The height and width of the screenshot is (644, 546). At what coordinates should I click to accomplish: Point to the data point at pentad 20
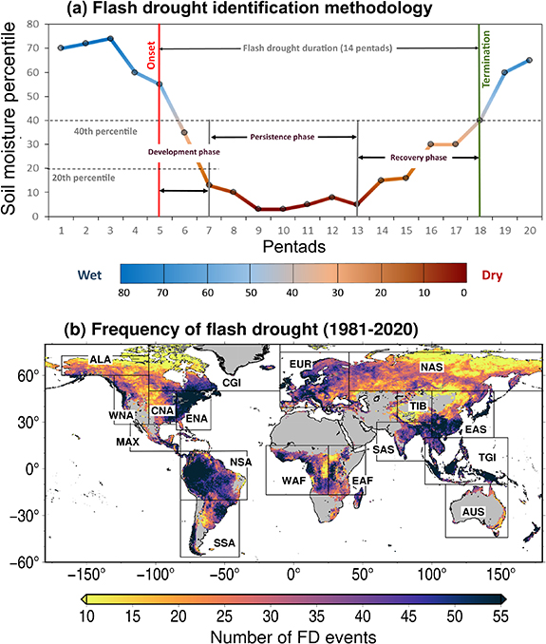(x=529, y=60)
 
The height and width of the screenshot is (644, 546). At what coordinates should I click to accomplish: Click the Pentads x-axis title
(x=294, y=245)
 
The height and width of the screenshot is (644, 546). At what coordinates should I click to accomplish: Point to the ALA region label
(x=101, y=360)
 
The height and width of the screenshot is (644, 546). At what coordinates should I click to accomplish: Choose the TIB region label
(x=419, y=406)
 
